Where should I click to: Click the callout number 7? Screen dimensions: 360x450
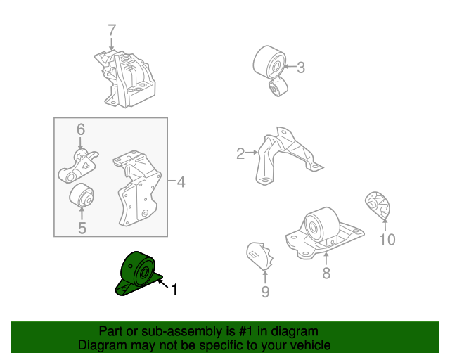[111, 30]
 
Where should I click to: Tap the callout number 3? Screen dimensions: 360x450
[300, 67]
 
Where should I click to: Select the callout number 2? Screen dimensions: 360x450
[240, 153]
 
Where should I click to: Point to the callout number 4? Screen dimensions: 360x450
[181, 183]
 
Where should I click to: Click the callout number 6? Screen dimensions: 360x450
[80, 129]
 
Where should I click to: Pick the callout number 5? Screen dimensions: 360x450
[82, 228]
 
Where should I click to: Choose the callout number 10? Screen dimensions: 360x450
[387, 240]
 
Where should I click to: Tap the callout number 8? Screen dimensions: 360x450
[326, 273]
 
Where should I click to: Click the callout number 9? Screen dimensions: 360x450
[265, 291]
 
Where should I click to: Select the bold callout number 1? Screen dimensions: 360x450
[174, 288]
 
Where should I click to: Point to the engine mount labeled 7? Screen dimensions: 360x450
[127, 77]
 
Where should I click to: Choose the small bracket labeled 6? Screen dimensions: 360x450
[79, 166]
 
